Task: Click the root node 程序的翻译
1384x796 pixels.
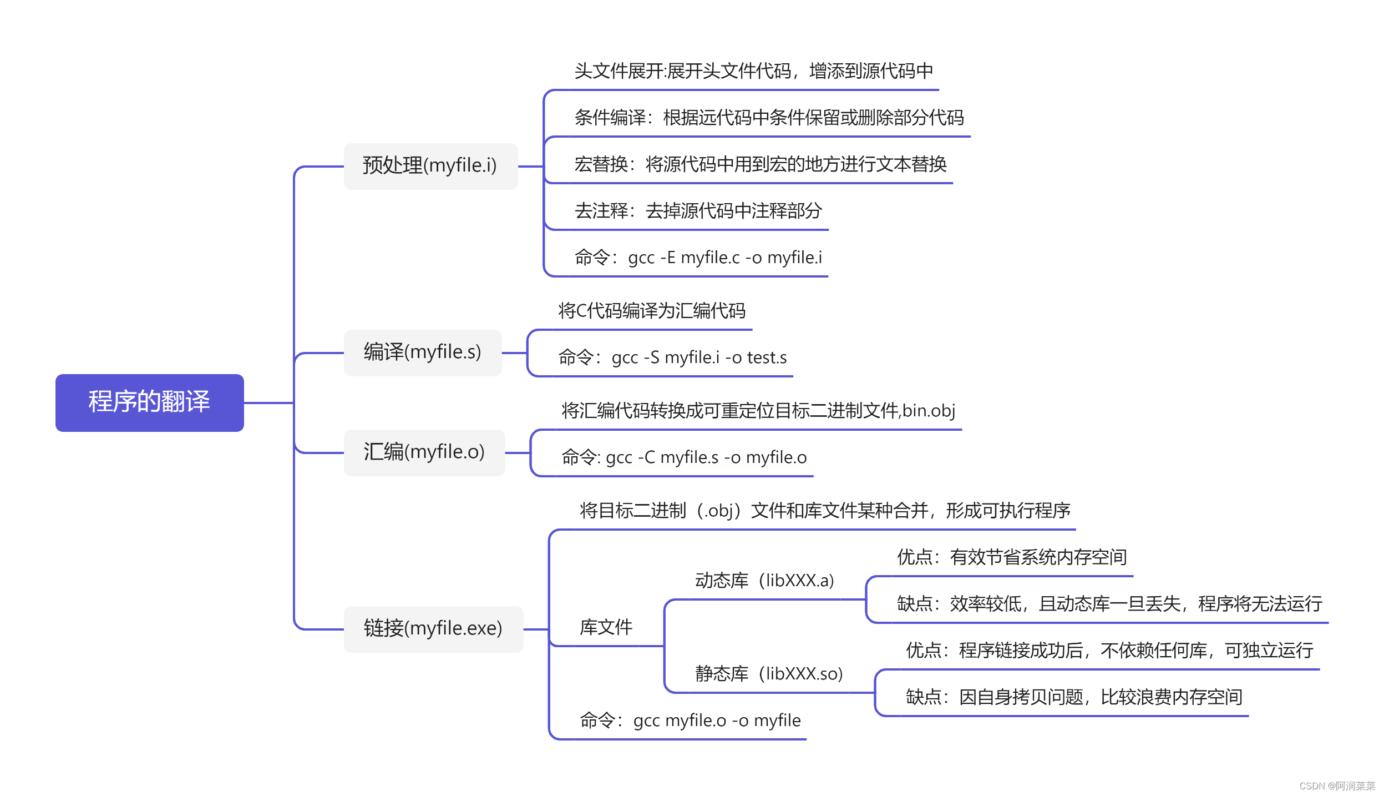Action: tap(149, 402)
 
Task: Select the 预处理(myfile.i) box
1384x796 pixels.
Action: tap(430, 166)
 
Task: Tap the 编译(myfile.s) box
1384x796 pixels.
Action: tap(422, 352)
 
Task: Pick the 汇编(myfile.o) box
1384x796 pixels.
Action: tap(424, 452)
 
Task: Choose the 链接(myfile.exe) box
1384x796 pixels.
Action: tap(433, 629)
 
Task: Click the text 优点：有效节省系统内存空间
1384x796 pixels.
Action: tap(1012, 557)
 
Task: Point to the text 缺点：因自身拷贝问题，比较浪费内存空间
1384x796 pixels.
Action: tap(1074, 697)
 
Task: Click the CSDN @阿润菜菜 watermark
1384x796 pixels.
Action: tap(1337, 786)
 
